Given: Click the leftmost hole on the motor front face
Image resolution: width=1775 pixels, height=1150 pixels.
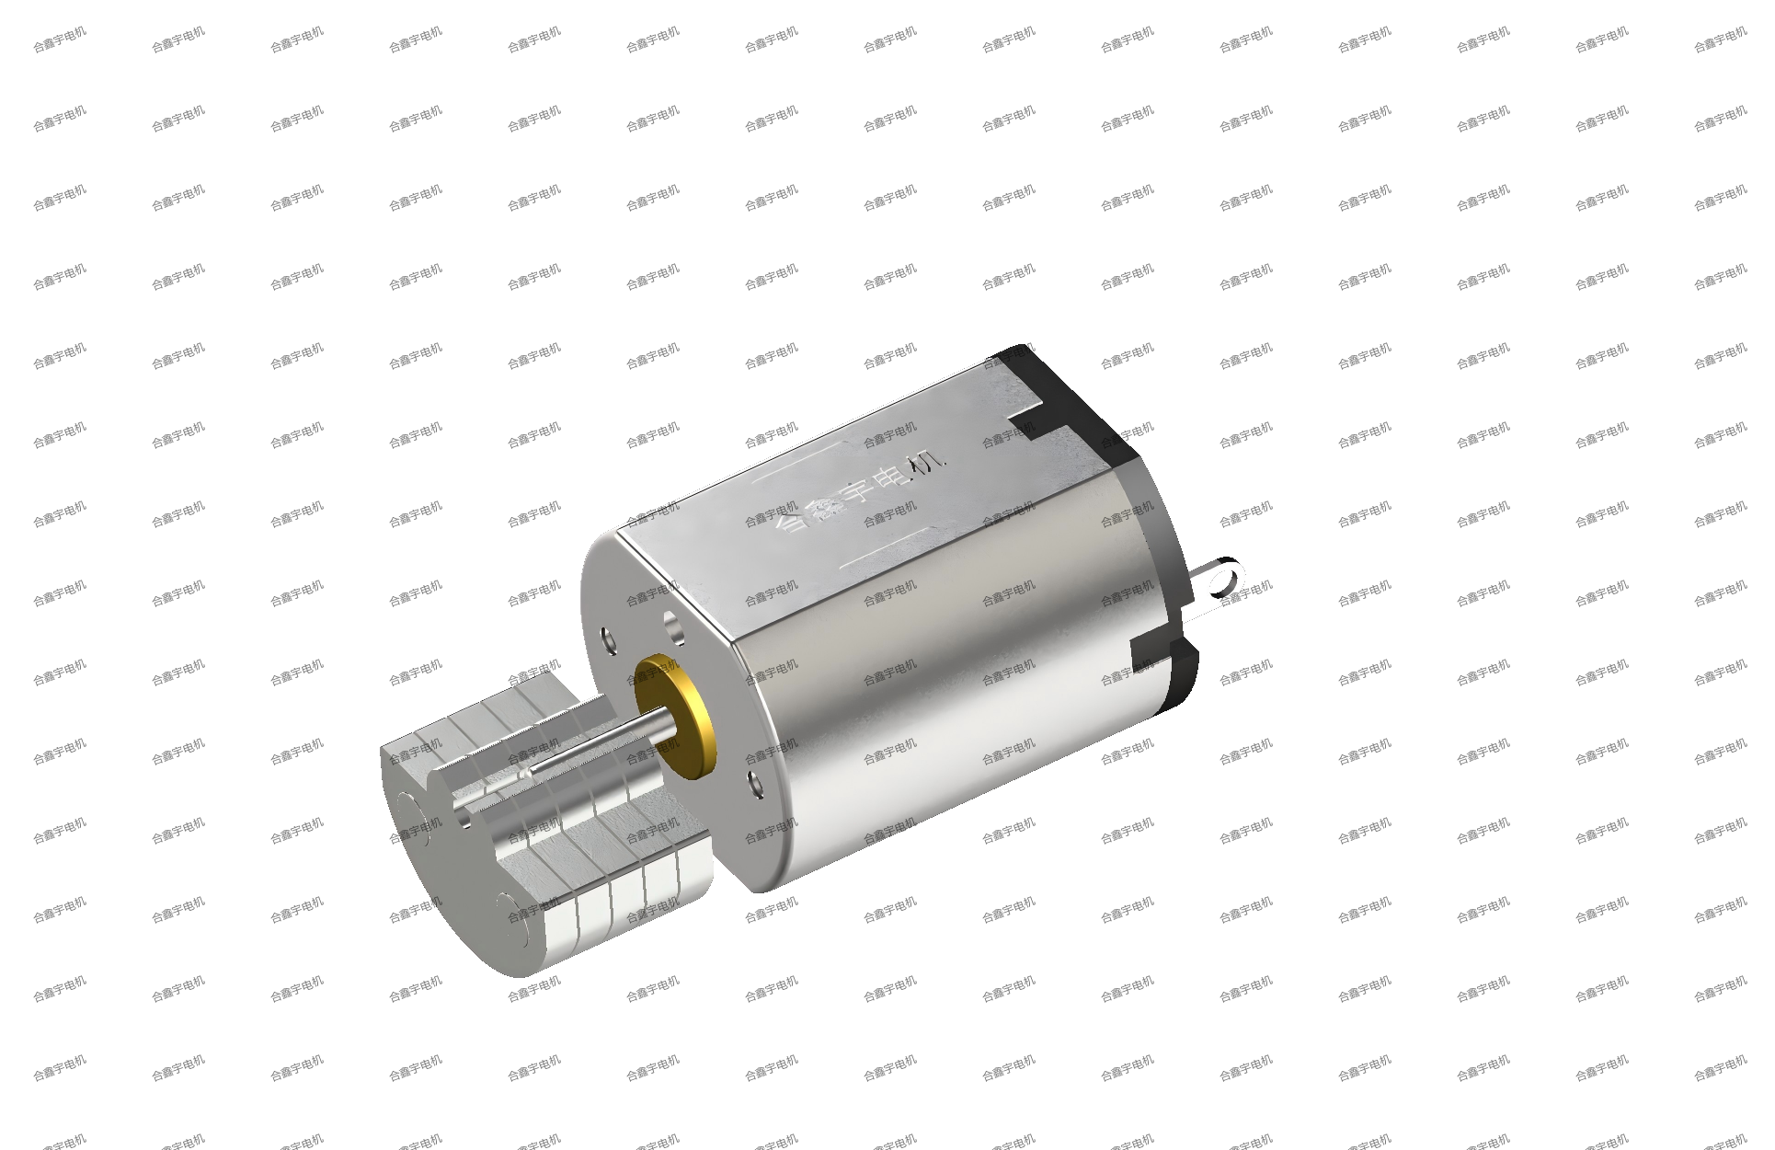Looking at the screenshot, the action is click(609, 639).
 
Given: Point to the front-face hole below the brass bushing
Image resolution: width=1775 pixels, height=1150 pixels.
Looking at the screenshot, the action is click(757, 785).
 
